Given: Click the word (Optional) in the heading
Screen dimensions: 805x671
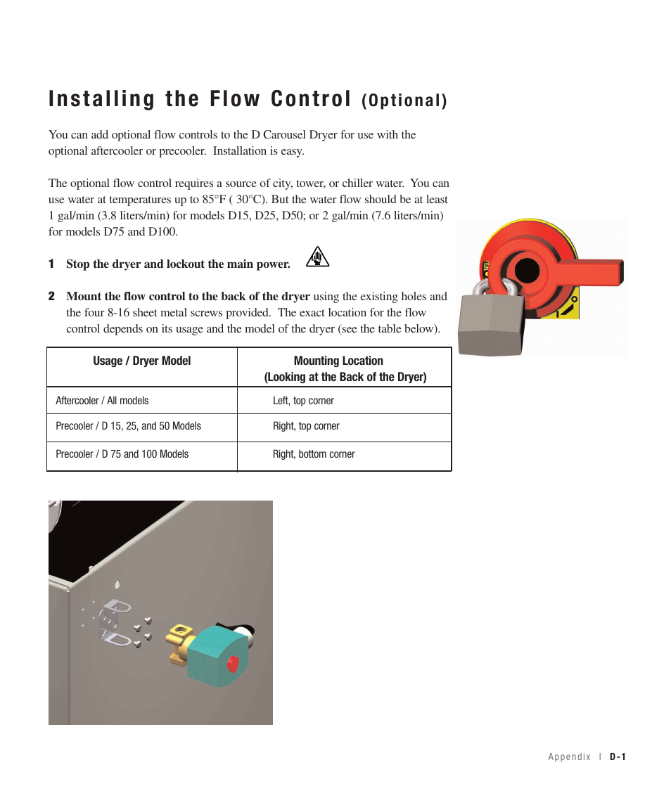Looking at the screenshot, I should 404,101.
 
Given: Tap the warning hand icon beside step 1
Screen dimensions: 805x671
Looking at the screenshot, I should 318,258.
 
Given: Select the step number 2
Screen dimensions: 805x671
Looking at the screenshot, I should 51,297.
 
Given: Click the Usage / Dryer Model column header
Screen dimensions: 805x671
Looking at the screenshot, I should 142,361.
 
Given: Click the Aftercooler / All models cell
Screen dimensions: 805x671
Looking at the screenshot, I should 103,401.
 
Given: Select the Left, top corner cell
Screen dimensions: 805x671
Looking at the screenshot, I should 303,401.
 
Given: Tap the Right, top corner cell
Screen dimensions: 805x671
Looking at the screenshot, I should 306,426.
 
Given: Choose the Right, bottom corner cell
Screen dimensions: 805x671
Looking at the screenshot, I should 314,454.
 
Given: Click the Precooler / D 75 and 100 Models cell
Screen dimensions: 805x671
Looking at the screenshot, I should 122,454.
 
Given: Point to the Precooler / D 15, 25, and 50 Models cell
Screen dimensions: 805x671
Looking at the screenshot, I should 128,426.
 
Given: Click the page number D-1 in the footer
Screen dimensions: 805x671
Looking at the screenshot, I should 618,756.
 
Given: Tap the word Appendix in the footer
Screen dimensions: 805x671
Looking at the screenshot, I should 570,756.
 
